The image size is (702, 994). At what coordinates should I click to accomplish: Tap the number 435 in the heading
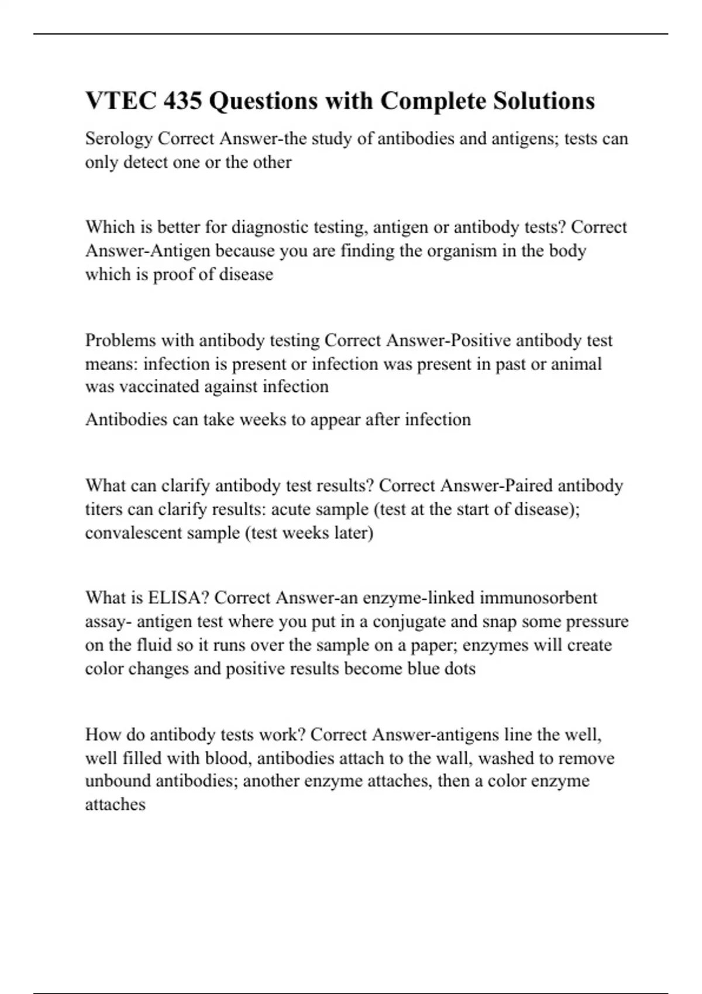pos(183,101)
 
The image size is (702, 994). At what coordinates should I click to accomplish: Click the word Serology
pos(119,139)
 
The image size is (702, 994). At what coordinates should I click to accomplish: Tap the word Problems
pos(121,340)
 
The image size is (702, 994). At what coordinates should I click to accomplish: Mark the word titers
pos(104,509)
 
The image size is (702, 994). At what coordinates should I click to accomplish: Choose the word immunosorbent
pos(538,598)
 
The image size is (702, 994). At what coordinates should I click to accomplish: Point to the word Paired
pos(527,486)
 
